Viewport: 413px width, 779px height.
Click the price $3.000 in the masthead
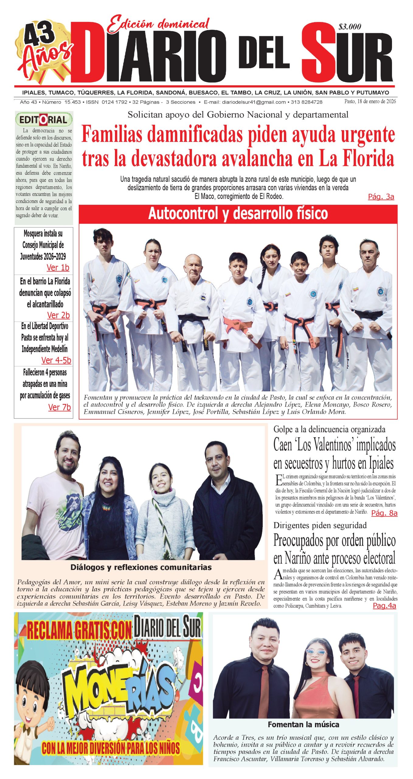click(x=350, y=27)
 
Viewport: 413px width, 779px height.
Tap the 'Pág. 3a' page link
click(x=381, y=197)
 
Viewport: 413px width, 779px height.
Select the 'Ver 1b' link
click(x=58, y=267)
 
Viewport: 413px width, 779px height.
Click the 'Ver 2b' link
click(x=58, y=315)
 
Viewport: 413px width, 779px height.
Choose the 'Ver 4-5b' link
click(x=56, y=360)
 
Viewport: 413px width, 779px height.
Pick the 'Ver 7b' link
click(x=59, y=407)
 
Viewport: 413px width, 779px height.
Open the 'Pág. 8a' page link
click(x=384, y=513)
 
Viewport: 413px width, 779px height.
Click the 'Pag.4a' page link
click(x=384, y=606)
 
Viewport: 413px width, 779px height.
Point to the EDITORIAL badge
click(x=44, y=120)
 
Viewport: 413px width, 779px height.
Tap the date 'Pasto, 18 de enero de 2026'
click(x=370, y=101)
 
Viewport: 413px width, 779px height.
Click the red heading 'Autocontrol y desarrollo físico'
click(x=238, y=214)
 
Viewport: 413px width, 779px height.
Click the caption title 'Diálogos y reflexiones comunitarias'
click(x=141, y=567)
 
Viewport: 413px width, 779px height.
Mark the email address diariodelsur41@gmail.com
click(x=254, y=102)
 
